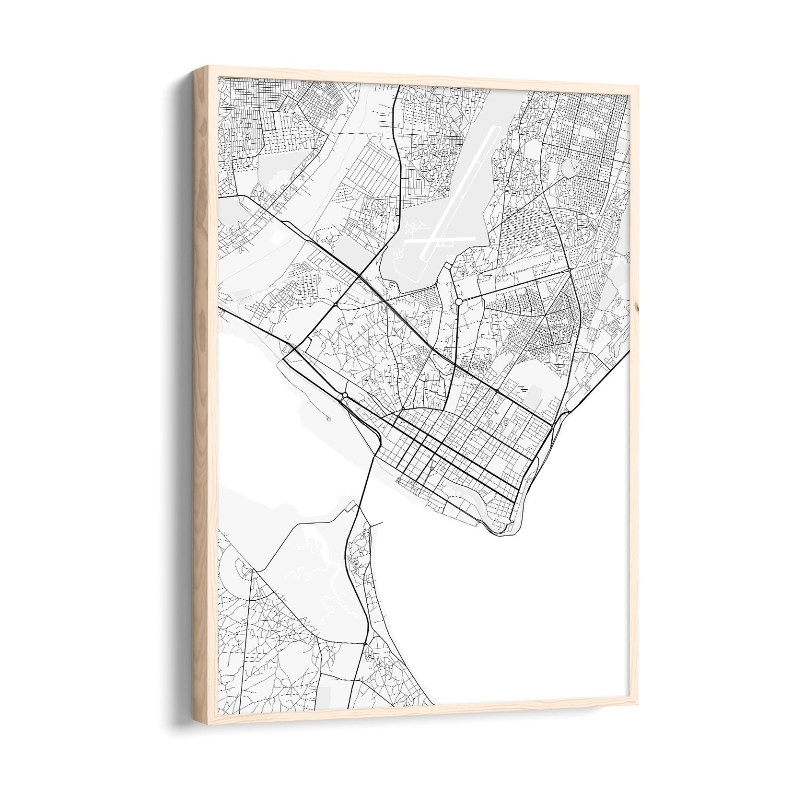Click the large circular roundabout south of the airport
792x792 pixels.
click(x=459, y=302)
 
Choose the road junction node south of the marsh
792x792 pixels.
click(x=365, y=643)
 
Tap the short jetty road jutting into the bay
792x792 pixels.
click(x=376, y=523)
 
